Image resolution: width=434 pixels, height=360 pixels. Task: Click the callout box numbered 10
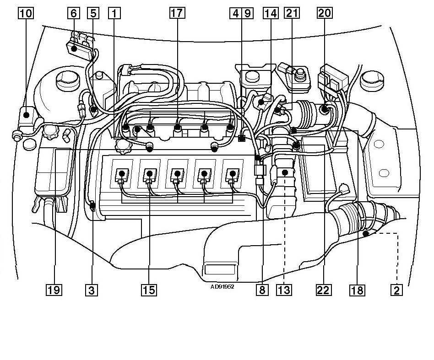click(26, 13)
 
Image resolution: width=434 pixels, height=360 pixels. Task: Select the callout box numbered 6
click(74, 13)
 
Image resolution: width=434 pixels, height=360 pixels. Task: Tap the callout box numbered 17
click(177, 13)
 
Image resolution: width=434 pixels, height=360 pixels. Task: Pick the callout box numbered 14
click(271, 13)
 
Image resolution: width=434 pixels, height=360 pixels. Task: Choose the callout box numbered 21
click(292, 13)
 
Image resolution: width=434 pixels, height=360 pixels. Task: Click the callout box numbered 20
click(325, 13)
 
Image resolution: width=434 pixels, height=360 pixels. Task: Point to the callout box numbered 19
click(54, 290)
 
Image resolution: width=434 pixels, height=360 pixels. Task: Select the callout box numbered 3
click(92, 290)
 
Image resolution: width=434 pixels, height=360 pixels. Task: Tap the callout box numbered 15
click(149, 290)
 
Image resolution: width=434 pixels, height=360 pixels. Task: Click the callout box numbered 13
click(284, 290)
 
